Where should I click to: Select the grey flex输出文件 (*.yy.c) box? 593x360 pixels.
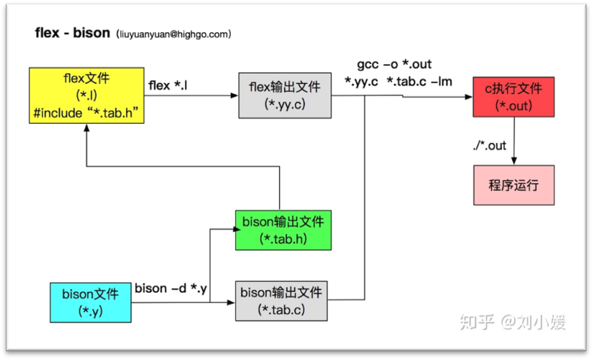point(284,95)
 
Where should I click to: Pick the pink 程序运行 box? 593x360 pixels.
point(514,185)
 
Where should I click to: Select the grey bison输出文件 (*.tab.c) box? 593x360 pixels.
point(283,301)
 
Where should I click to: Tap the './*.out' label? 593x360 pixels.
point(489,146)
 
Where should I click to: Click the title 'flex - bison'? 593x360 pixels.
point(72,34)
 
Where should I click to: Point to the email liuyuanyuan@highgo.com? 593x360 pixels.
point(173,34)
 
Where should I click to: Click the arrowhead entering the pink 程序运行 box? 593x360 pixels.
point(515,161)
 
